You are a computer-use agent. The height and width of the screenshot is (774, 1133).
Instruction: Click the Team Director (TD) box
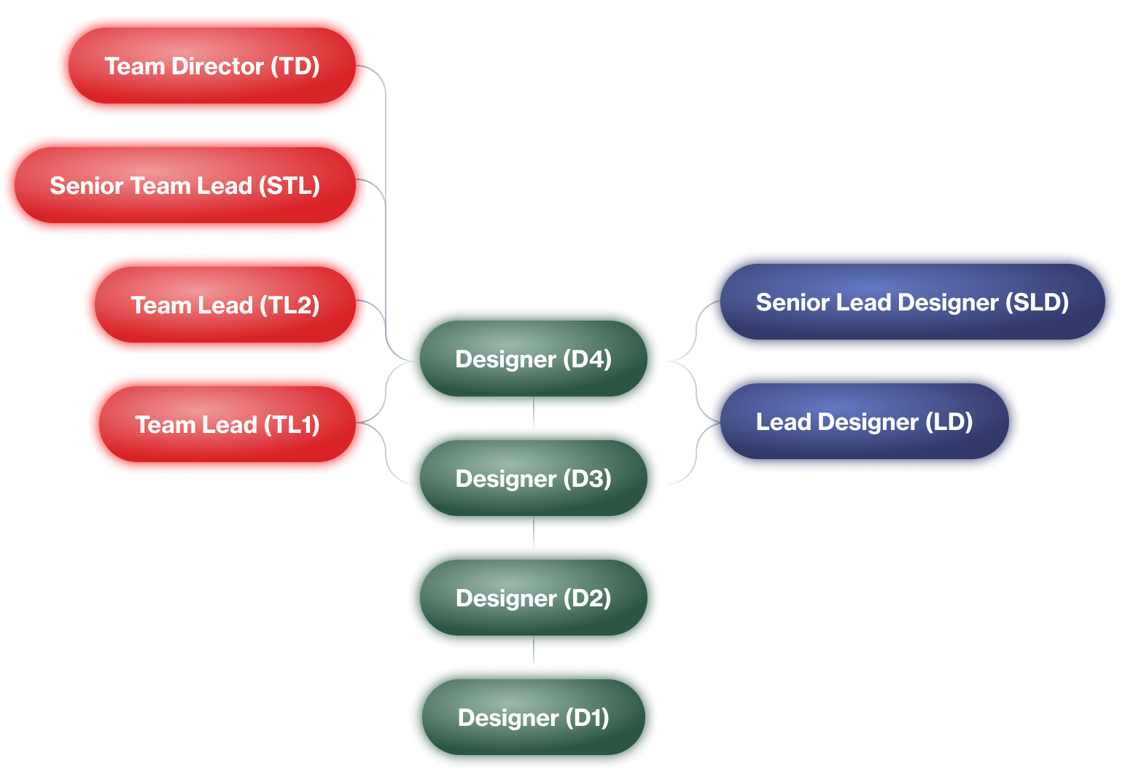click(211, 66)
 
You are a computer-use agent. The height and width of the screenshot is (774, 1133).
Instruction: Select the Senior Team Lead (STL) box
click(185, 185)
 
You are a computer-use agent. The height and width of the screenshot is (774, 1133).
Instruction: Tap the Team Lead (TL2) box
click(225, 305)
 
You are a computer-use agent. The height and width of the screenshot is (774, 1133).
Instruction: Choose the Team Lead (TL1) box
click(227, 424)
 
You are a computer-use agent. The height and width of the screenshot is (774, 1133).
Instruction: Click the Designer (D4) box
click(533, 359)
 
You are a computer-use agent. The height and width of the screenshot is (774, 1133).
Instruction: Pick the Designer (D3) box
click(533, 478)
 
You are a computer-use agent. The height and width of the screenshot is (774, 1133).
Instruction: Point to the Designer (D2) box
click(533, 598)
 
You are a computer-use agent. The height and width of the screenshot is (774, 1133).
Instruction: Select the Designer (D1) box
click(533, 717)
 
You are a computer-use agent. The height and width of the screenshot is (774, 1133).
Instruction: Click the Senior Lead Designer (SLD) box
click(912, 302)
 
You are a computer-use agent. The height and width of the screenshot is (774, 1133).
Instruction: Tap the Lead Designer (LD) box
click(864, 421)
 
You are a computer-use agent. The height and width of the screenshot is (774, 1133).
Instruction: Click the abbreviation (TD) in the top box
click(295, 66)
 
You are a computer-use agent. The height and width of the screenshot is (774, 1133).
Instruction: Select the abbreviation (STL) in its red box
click(289, 186)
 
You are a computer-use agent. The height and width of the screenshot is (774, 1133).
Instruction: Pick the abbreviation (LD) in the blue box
click(949, 422)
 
